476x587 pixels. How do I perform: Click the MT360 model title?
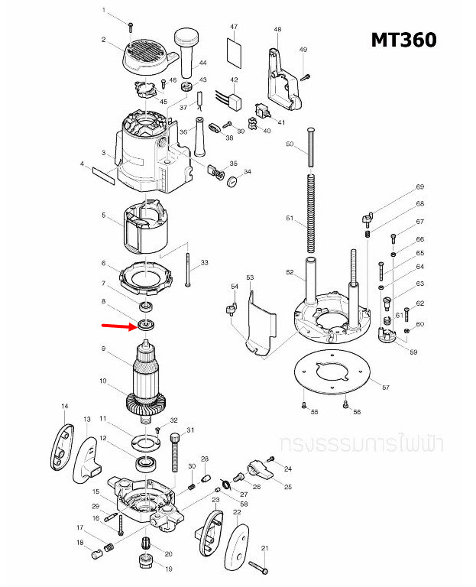pyautogui.click(x=403, y=40)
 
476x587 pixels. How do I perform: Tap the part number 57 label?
pyautogui.click(x=385, y=388)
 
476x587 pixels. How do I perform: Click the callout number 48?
pyautogui.click(x=277, y=29)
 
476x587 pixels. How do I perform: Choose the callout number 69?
pyautogui.click(x=419, y=187)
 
